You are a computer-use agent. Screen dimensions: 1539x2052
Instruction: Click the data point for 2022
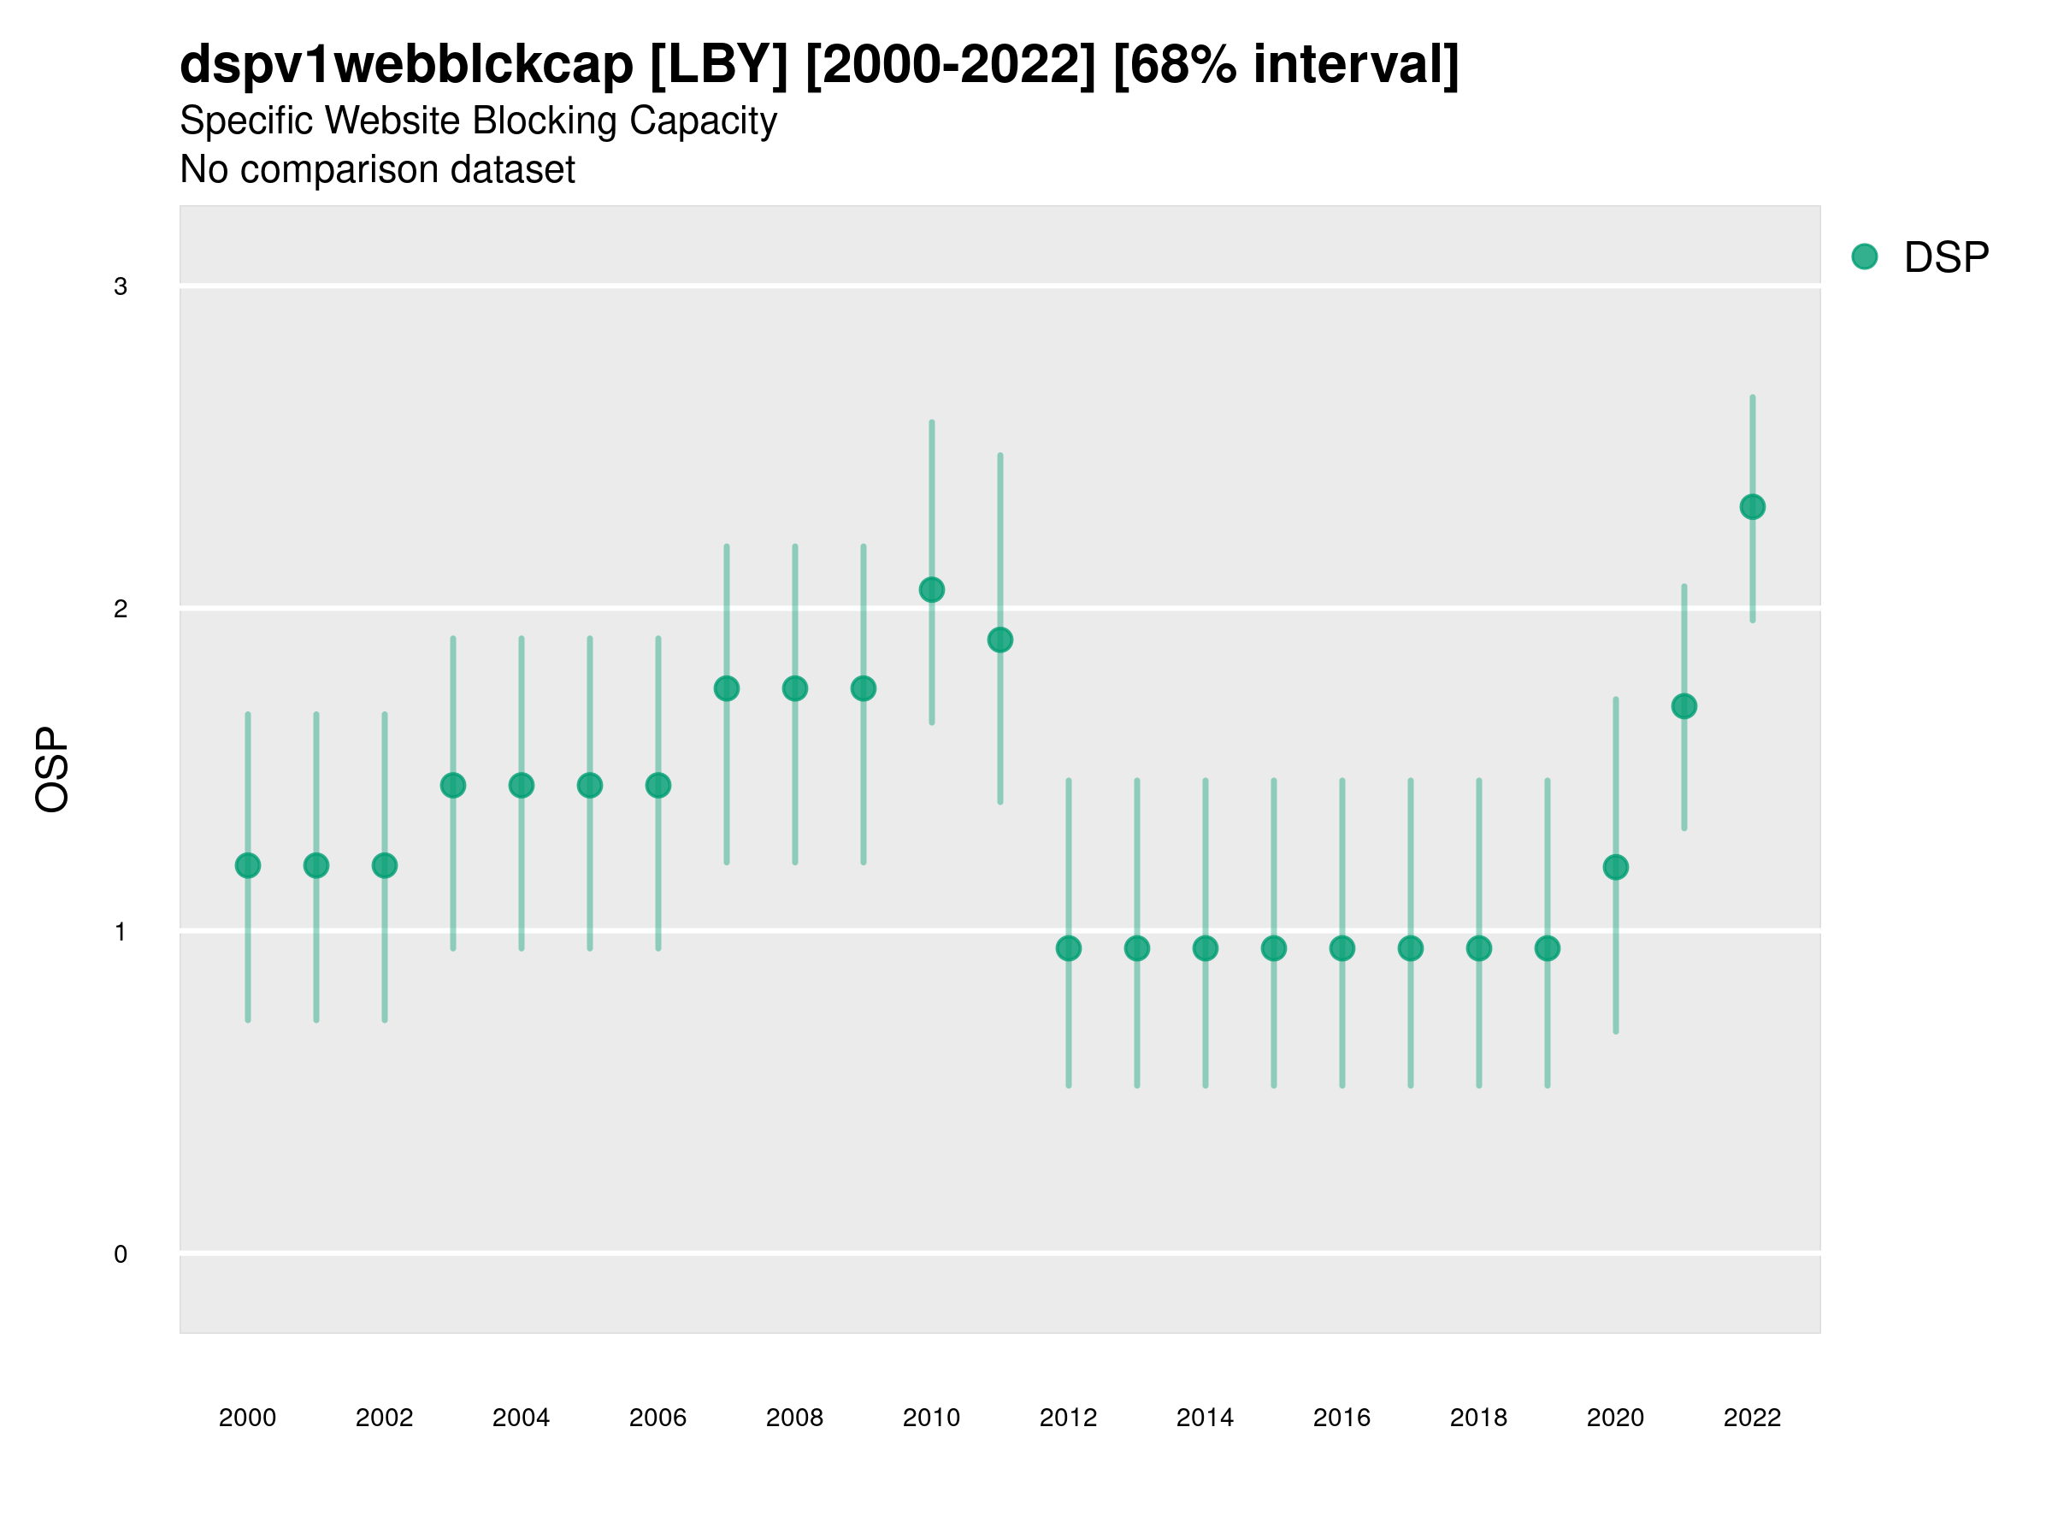click(1753, 507)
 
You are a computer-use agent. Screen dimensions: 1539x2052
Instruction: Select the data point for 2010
click(931, 590)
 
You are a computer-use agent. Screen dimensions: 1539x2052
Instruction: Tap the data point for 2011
click(1000, 640)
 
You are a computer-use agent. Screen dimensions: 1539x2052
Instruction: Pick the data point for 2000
click(248, 865)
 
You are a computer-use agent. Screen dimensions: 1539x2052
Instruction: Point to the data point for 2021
click(1683, 707)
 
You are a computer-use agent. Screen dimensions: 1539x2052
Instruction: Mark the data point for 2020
click(1615, 867)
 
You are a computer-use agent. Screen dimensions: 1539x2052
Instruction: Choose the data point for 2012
click(1069, 948)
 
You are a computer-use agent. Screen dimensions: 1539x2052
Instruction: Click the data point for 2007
click(727, 688)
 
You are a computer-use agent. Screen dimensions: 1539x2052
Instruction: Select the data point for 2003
click(452, 786)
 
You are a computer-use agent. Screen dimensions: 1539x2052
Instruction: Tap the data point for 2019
click(1548, 948)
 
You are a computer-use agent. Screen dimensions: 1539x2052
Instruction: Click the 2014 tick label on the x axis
click(1205, 1418)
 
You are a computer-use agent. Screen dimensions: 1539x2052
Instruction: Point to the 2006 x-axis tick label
click(657, 1418)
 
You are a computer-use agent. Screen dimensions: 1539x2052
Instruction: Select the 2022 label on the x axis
click(1753, 1418)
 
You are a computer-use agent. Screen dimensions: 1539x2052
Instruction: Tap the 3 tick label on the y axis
click(121, 286)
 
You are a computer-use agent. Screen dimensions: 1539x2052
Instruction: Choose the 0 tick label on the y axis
click(121, 1254)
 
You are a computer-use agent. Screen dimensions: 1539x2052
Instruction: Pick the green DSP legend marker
click(1865, 257)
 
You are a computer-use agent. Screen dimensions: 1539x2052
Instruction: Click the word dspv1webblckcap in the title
click(406, 65)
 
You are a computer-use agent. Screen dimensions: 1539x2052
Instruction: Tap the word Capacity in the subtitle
click(703, 121)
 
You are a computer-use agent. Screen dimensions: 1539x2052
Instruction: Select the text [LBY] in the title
click(719, 65)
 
